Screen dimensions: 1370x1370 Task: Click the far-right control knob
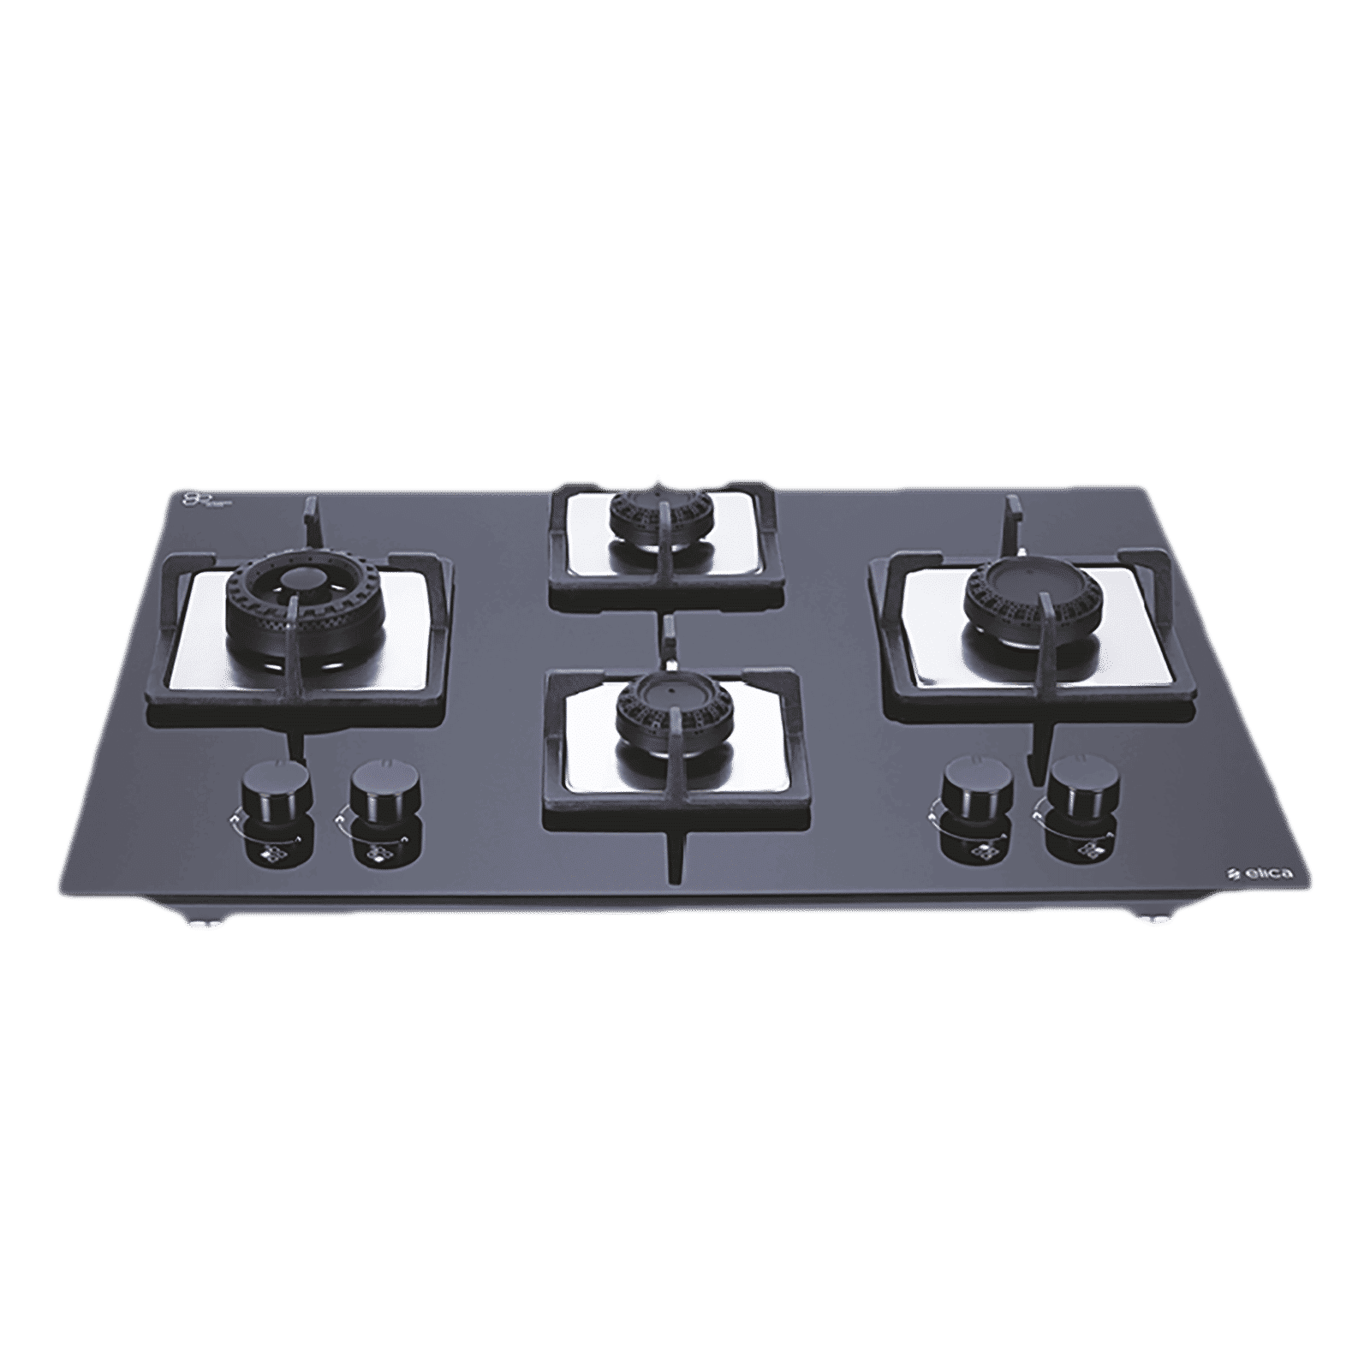point(1073,782)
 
